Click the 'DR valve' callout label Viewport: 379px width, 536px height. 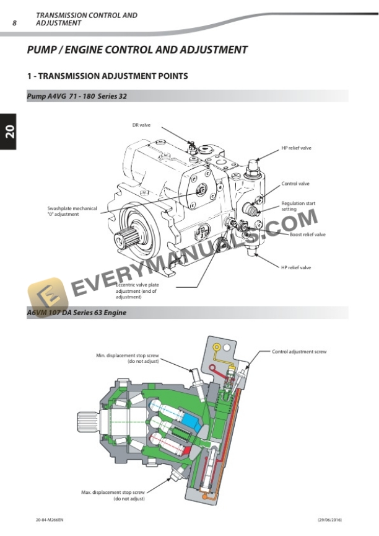click(x=141, y=125)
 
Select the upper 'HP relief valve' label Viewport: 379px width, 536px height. click(x=296, y=148)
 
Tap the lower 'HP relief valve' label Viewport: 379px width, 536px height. click(x=296, y=267)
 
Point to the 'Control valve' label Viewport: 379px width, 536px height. click(x=295, y=184)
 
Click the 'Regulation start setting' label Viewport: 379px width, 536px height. click(x=298, y=207)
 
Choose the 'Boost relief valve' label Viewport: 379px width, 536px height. click(x=307, y=234)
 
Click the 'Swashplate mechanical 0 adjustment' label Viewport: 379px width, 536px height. click(x=72, y=212)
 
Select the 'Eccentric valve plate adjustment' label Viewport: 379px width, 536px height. click(x=137, y=291)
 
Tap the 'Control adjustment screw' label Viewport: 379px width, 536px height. click(x=299, y=352)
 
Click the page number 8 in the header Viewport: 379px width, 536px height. click(x=15, y=23)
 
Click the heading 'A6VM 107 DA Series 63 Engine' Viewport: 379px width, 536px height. click(x=77, y=313)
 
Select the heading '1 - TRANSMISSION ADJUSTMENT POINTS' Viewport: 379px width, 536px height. click(x=108, y=76)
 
